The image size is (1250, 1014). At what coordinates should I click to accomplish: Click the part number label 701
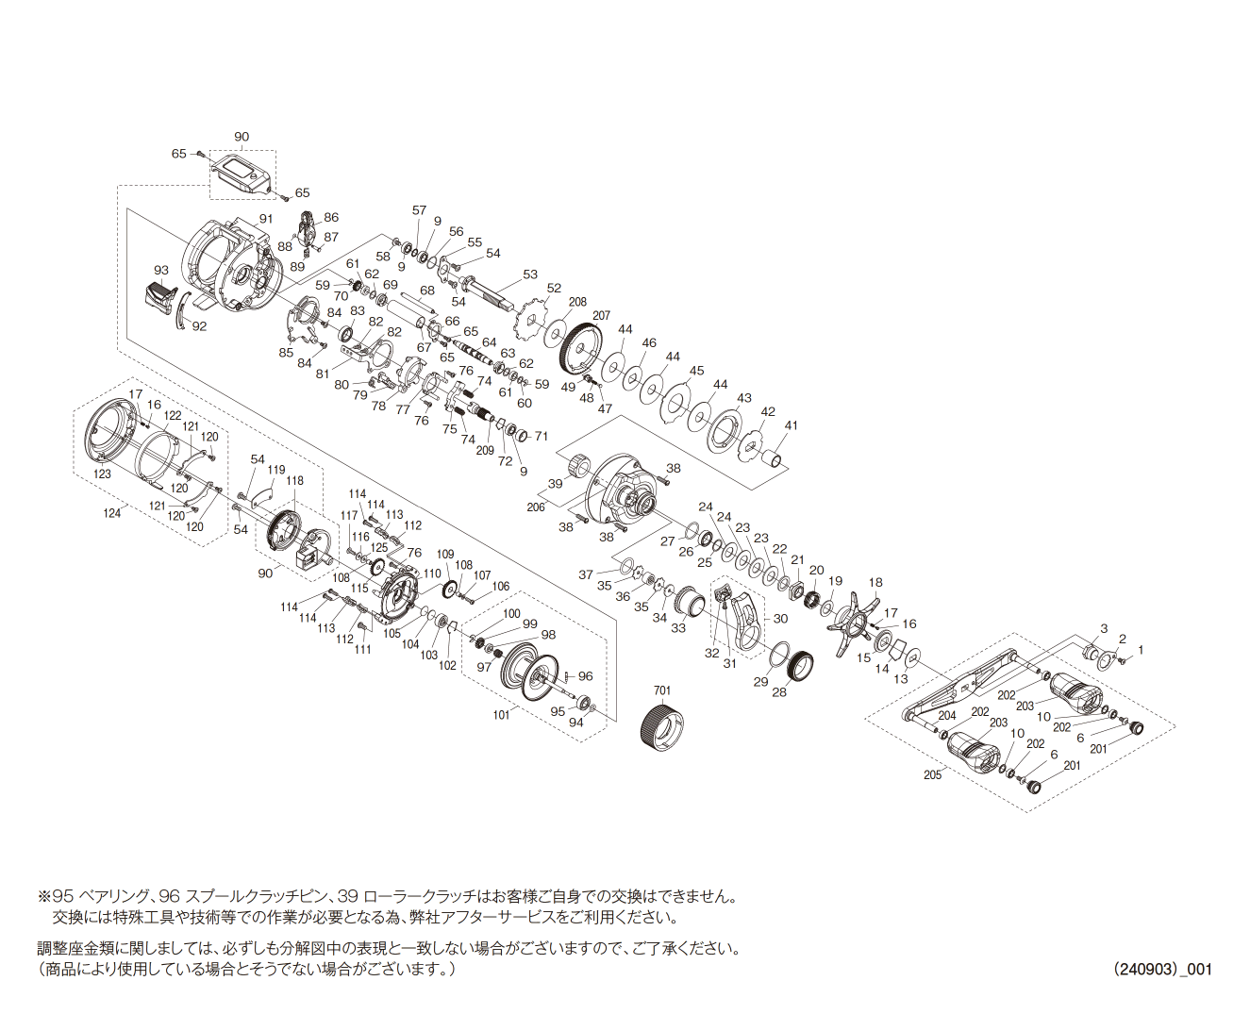661,690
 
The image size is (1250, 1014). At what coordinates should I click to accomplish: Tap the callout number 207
601,316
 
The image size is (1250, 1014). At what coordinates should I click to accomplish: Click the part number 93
160,270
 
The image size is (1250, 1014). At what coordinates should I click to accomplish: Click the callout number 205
932,775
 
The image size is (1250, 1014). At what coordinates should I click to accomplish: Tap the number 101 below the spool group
501,715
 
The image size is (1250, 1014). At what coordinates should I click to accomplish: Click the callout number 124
111,513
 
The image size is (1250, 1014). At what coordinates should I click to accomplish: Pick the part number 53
530,274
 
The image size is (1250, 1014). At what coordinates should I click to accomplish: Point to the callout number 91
266,218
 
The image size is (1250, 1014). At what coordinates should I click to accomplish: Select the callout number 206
535,507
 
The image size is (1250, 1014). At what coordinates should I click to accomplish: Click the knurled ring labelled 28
799,665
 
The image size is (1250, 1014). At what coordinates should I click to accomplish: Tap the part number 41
792,424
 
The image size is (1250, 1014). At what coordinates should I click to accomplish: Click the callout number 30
780,619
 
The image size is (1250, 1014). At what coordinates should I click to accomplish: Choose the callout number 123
102,474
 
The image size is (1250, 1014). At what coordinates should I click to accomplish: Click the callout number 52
554,288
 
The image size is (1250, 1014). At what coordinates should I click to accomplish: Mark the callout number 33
677,628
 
